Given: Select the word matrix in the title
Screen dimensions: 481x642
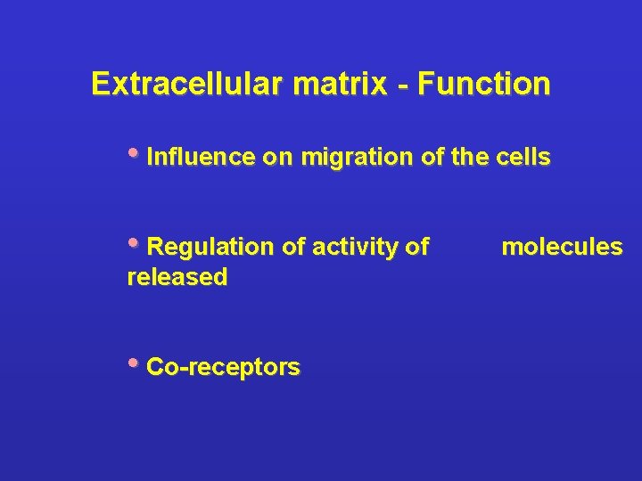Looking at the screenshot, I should [333, 85].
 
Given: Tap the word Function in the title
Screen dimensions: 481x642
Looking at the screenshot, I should [483, 85].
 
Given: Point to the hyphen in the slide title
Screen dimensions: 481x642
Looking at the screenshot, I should [404, 86].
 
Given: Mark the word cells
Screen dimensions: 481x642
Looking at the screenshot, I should [524, 159].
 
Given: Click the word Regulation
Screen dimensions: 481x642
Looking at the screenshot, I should [211, 248].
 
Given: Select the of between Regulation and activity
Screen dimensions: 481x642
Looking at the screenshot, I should [294, 247].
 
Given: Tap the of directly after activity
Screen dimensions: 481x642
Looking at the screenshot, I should [417, 247].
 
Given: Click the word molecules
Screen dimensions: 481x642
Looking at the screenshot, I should [562, 247].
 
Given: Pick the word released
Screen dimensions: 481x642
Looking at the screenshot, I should [177, 277].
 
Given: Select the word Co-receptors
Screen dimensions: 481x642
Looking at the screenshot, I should [223, 367].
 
